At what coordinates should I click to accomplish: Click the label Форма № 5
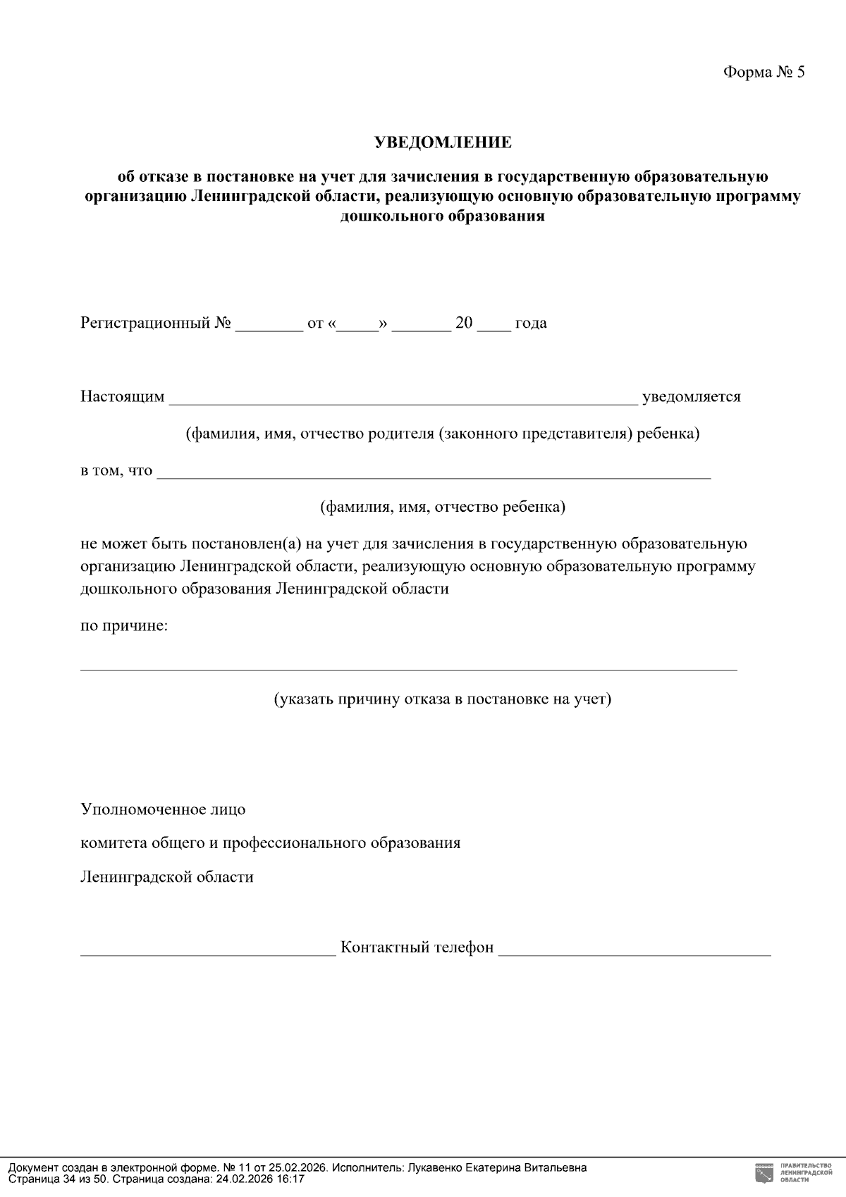[764, 73]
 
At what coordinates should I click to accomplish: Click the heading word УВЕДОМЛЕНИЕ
[443, 142]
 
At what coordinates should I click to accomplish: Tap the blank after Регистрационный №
[269, 325]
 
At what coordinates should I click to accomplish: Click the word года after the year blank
[531, 324]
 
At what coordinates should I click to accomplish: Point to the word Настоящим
[123, 397]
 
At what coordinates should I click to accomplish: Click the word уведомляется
[691, 397]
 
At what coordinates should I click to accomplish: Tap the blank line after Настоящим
[403, 400]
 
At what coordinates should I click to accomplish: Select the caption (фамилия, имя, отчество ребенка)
[443, 507]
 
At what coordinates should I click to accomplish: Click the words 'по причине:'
[124, 625]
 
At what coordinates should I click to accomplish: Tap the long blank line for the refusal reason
[409, 668]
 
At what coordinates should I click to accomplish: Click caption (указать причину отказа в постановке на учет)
[443, 699]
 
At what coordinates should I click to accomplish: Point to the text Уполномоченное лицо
[163, 809]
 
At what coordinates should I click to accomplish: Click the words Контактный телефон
[417, 947]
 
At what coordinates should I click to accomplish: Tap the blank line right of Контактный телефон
[634, 951]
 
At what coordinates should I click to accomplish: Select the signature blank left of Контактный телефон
[208, 951]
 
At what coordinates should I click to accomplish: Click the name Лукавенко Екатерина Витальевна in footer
[497, 1167]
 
